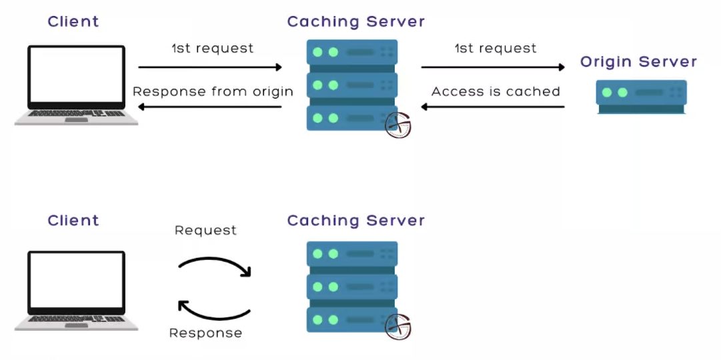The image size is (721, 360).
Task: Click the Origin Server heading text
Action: pos(638,62)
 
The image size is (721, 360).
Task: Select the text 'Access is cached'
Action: pos(496,91)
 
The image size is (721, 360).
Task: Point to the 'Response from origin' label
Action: pos(213,91)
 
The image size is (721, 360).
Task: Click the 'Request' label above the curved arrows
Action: pos(205,230)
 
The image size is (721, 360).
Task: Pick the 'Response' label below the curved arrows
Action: pos(205,333)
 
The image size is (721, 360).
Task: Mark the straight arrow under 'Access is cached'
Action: pos(493,107)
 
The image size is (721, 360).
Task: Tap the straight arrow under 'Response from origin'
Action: pos(210,107)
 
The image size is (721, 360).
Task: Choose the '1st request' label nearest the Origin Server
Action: pos(495,49)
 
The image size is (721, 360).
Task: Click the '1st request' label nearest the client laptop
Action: pos(212,49)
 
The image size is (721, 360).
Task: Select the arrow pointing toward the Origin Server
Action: pos(493,67)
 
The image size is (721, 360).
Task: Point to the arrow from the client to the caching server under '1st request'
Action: pos(210,67)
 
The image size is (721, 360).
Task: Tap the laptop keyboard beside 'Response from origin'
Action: pos(76,117)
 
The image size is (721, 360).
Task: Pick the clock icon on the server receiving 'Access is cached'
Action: pos(398,125)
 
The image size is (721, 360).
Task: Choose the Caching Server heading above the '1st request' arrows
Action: pos(355,21)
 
